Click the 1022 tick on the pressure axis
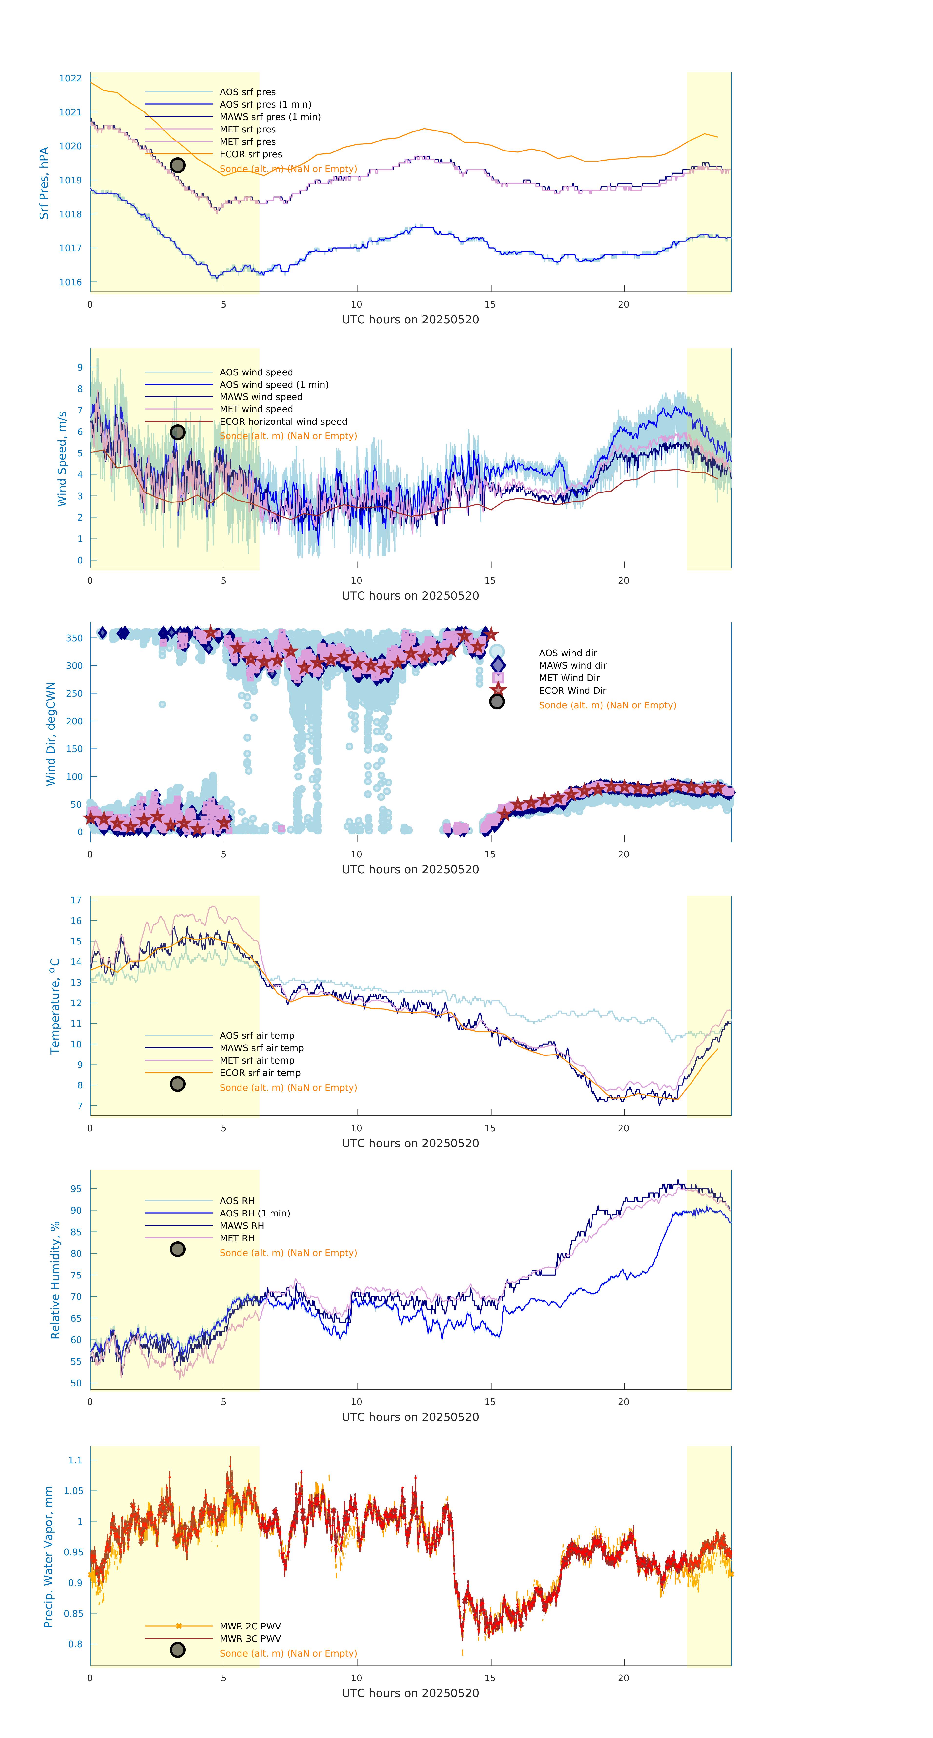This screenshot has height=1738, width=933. pos(70,78)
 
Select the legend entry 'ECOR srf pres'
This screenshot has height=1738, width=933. pos(250,154)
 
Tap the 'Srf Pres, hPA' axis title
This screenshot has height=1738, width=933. pos(44,183)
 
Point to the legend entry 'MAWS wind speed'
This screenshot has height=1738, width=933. pos(261,397)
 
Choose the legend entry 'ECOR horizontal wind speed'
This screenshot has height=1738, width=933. pos(283,422)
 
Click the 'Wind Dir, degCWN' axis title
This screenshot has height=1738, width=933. pos(50,733)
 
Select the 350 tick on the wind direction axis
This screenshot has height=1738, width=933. pos(74,638)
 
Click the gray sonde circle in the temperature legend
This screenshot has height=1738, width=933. pos(177,1084)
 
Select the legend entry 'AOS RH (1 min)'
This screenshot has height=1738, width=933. pos(254,1213)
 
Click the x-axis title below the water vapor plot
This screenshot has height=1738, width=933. pos(410,1693)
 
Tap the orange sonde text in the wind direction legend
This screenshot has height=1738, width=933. pos(607,705)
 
